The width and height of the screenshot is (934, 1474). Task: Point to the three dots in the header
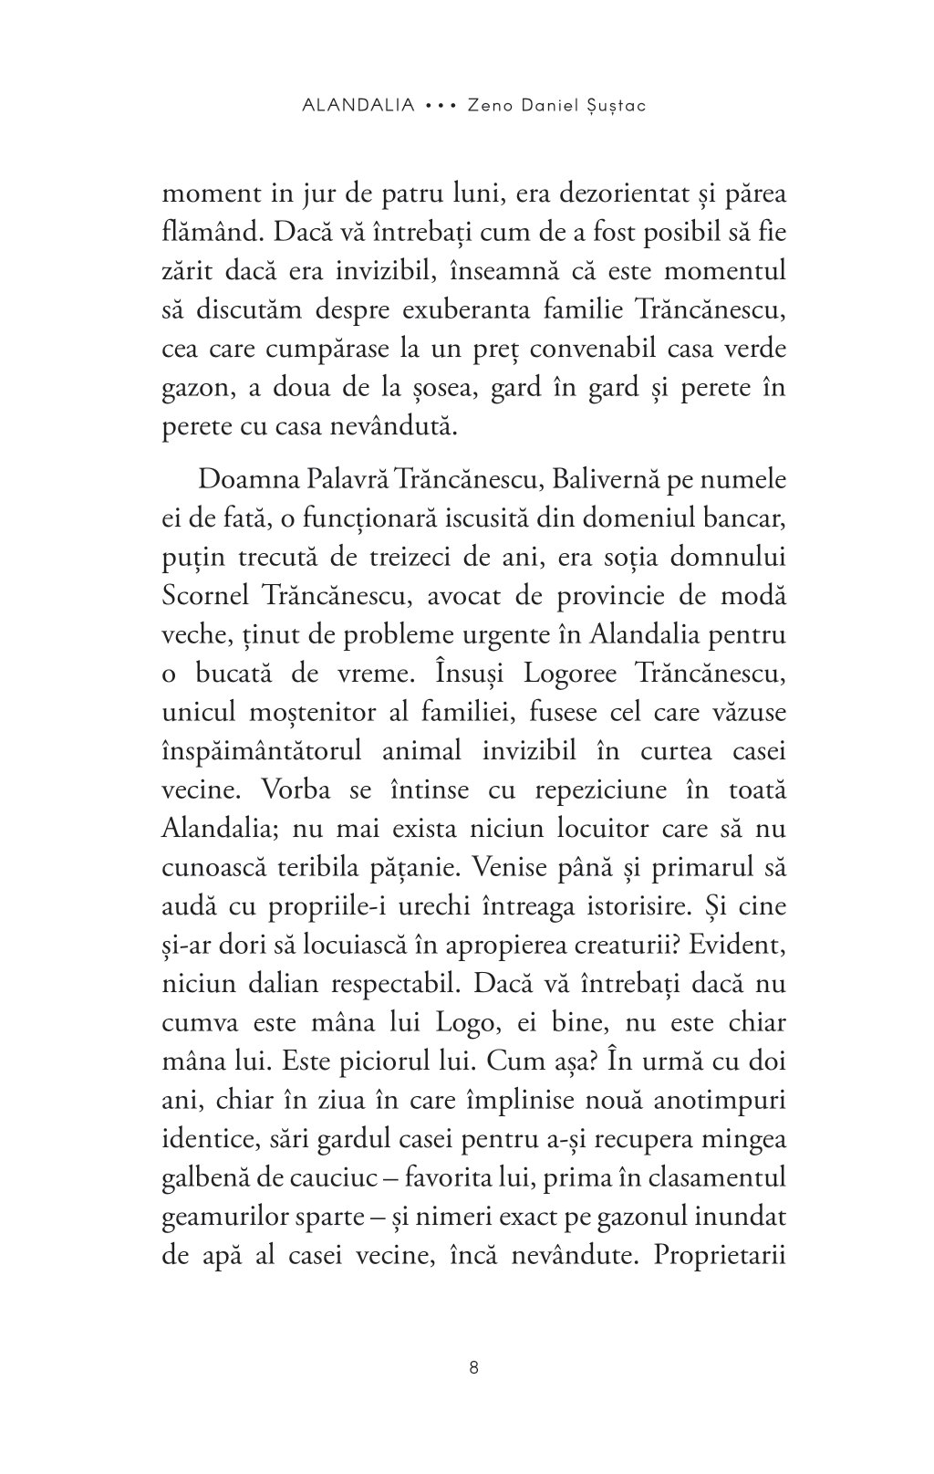(x=441, y=105)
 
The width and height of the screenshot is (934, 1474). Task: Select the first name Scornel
(x=207, y=596)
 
